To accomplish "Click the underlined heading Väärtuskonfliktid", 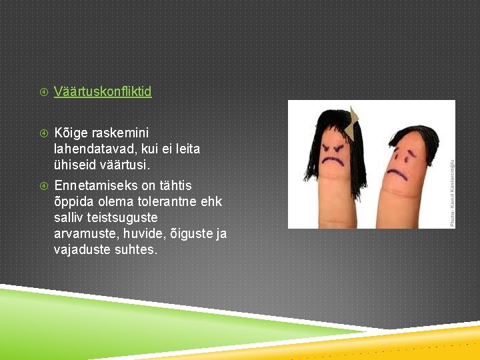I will click(x=103, y=91).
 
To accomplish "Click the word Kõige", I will click(x=70, y=133).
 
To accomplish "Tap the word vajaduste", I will click(x=82, y=250).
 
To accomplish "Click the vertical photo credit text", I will click(x=451, y=193).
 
